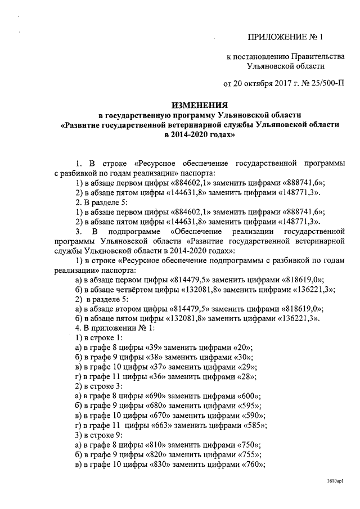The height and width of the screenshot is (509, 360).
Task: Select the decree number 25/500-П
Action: point(323,84)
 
